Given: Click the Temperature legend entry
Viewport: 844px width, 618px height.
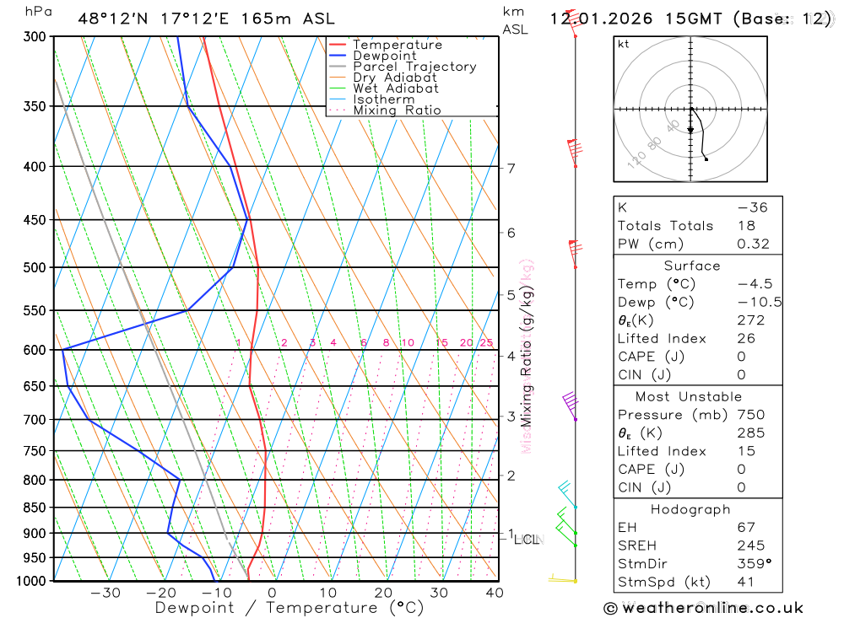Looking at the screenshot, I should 397,45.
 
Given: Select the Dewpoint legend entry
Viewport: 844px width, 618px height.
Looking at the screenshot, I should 384,56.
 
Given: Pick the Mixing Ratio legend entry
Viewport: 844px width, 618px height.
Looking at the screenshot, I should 397,110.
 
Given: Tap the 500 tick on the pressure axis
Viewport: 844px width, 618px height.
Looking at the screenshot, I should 35,267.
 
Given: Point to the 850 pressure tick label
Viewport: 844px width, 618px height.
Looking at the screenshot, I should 35,508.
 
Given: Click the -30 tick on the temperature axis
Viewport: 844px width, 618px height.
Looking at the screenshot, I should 105,593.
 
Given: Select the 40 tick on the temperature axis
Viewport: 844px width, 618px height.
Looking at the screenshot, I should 495,593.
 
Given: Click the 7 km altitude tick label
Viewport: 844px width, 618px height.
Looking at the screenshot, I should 511,168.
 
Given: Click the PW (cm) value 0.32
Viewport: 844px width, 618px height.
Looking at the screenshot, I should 753,244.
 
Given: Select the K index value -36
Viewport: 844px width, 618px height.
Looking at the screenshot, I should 752,207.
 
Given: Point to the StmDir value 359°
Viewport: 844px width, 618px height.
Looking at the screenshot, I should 752,564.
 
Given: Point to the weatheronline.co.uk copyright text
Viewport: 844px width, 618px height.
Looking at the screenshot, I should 703,607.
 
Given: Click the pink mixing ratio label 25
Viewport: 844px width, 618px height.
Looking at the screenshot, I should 486,342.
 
